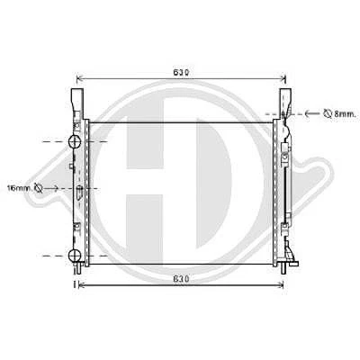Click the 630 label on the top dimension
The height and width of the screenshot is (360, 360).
tap(181, 72)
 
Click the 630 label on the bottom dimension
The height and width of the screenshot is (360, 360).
tap(181, 279)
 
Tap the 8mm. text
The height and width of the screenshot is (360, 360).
tap(345, 114)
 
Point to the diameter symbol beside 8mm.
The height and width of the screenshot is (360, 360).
tap(328, 113)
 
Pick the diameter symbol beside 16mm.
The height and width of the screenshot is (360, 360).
tap(39, 188)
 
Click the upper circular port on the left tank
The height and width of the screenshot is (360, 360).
tap(75, 141)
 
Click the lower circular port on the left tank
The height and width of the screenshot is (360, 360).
tap(75, 256)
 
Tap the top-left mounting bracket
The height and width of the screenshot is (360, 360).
tap(76, 102)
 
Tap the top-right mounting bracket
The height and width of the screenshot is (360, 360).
tap(285, 102)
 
